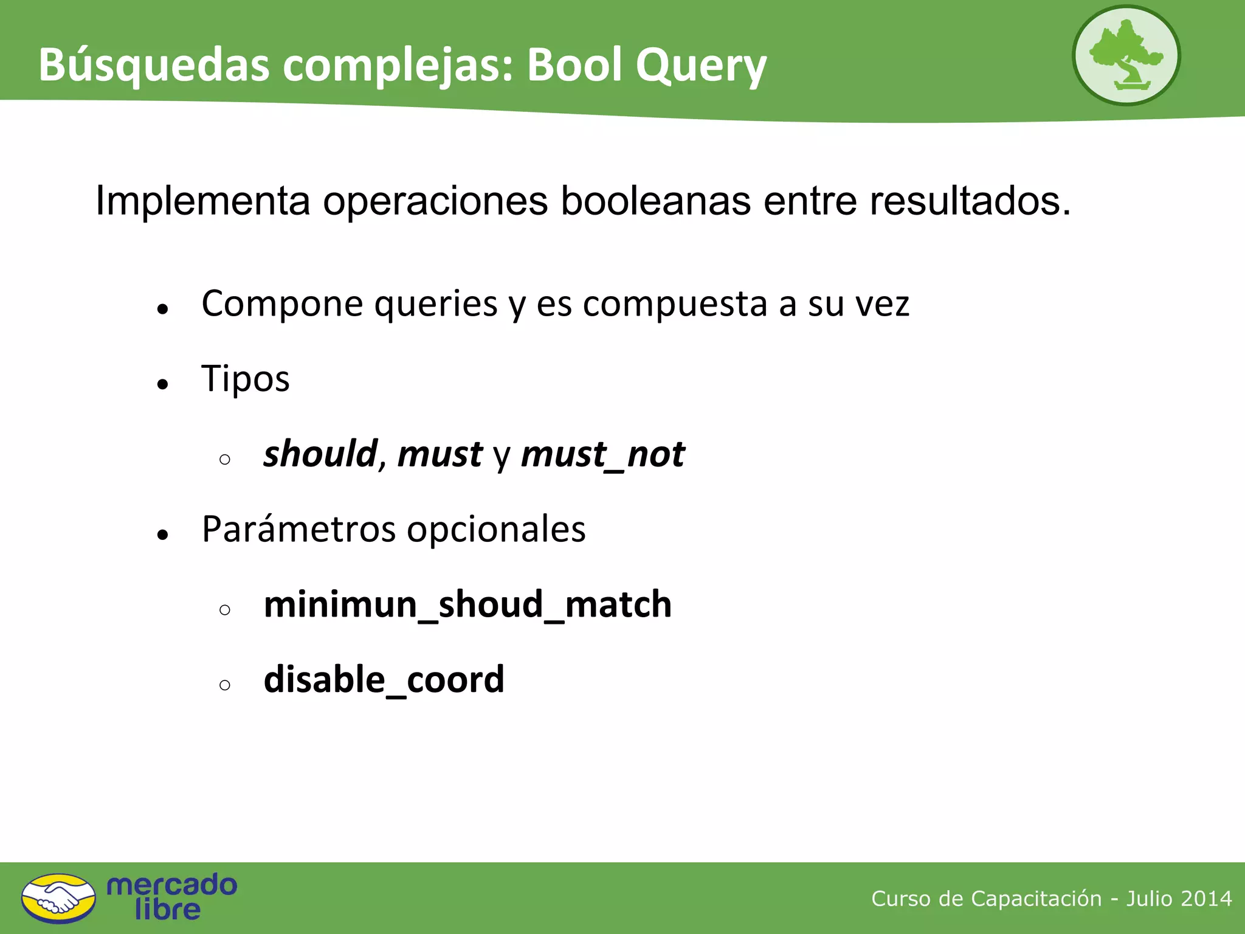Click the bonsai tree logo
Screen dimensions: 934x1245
[1126, 56]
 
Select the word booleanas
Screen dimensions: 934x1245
[655, 201]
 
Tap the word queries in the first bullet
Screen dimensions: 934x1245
[436, 303]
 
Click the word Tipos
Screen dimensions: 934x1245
[246, 379]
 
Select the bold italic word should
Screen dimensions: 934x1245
[321, 454]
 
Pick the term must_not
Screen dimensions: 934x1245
[603, 454]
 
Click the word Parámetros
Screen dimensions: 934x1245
[298, 529]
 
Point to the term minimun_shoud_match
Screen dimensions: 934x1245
[467, 604]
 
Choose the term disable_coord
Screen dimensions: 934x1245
[384, 679]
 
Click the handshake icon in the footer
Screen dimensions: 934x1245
[58, 898]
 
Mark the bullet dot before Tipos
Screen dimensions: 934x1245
[162, 384]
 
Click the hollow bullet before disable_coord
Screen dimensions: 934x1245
[225, 685]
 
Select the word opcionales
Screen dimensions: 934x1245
[496, 529]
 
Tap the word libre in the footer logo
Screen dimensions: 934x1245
[168, 910]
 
